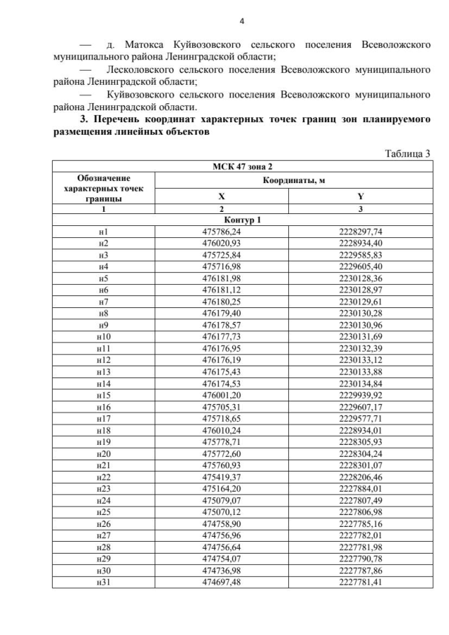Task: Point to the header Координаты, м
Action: coord(293,180)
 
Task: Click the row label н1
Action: coord(103,232)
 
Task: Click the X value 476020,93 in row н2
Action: coord(221,243)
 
